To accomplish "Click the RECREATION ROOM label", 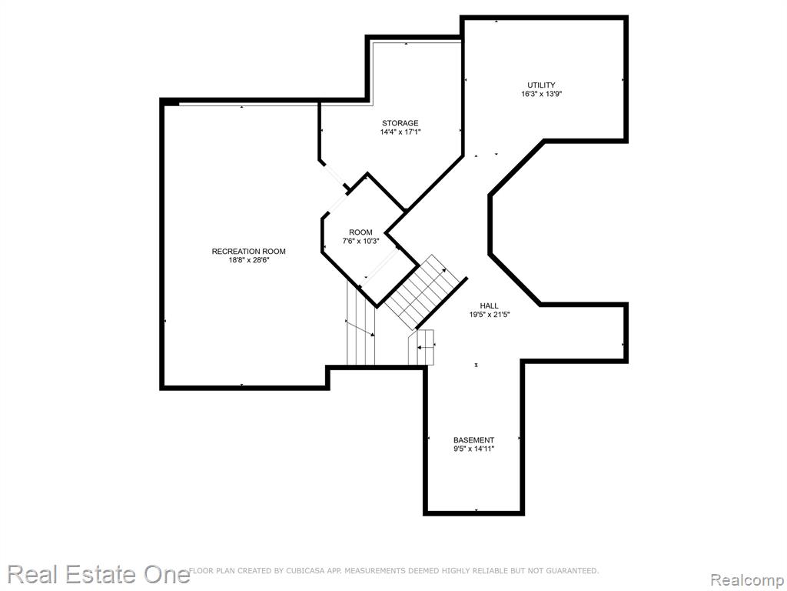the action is point(248,252).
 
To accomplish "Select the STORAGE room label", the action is point(400,123).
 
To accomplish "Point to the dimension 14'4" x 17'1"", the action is point(400,132).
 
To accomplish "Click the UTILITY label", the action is point(541,85).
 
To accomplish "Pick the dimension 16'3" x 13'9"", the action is point(541,94).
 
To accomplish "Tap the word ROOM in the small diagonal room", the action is point(360,232).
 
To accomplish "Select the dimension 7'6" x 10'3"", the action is point(360,241).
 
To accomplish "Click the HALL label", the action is point(489,306).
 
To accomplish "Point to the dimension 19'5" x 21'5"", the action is point(490,315).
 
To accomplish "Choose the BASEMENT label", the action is point(473,439).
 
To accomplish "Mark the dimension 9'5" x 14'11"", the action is point(473,449).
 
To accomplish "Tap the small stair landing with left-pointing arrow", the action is point(421,347).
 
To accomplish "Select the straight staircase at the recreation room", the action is point(361,322).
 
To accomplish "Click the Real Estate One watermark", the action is point(98,575).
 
